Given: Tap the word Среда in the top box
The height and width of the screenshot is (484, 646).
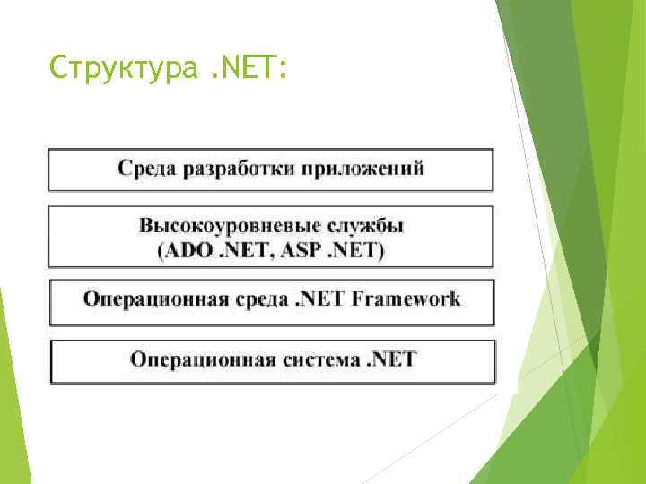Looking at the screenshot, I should (x=146, y=169).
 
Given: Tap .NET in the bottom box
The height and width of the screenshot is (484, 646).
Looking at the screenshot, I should (x=390, y=359).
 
